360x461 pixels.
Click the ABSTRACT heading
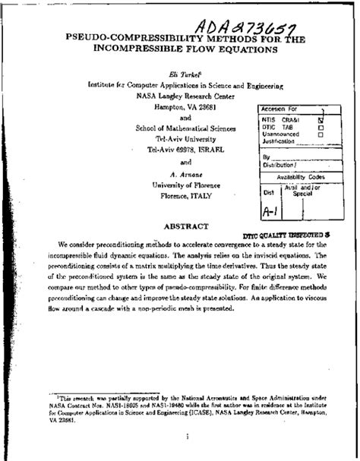tap(180, 226)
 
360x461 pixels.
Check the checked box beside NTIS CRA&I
tap(321, 120)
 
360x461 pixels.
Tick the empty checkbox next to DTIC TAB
tap(321, 128)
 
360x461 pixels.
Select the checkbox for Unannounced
tap(321, 134)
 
